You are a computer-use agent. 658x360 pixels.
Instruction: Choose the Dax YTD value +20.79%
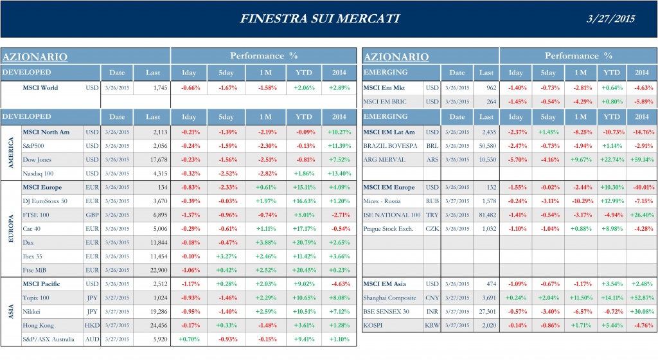point(302,242)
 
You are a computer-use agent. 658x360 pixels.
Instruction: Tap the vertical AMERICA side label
point(10,153)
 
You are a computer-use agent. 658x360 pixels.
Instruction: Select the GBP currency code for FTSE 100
point(92,215)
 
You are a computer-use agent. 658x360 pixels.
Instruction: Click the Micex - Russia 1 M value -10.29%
point(580,201)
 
